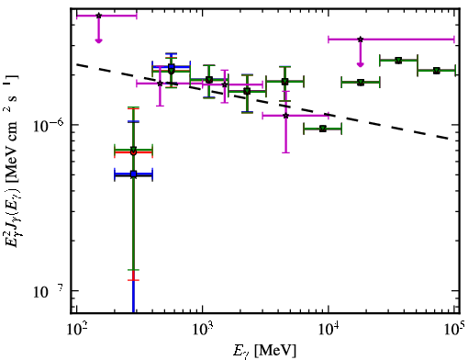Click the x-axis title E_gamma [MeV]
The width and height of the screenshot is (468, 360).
click(x=264, y=351)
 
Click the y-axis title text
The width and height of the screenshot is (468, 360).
click(x=13, y=161)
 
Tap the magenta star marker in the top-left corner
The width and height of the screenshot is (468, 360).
click(x=98, y=16)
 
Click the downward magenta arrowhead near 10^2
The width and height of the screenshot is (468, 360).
click(x=98, y=40)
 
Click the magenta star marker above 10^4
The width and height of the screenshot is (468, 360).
click(x=361, y=39)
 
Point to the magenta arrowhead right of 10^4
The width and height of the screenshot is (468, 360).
click(x=361, y=64)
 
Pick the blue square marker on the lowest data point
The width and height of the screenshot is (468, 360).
click(x=133, y=174)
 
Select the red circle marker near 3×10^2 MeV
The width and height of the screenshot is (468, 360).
click(x=133, y=152)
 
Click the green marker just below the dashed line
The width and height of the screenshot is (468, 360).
click(x=323, y=129)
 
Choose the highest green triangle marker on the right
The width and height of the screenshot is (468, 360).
click(x=398, y=61)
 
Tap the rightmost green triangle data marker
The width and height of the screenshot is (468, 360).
click(x=437, y=71)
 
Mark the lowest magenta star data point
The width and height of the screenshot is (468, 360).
click(x=285, y=116)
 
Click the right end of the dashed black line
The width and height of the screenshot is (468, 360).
click(x=450, y=139)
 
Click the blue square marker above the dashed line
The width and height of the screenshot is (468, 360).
click(x=172, y=67)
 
